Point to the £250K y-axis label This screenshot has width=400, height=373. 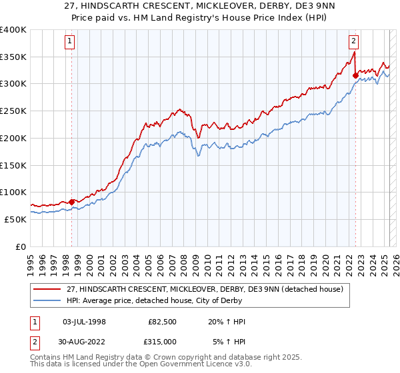(x=13, y=111)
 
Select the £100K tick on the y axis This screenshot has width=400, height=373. (x=13, y=192)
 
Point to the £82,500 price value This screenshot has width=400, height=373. (x=162, y=322)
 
